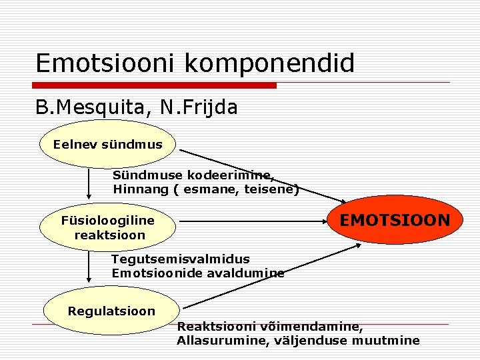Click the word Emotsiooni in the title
(106, 63)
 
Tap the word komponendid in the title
(269, 63)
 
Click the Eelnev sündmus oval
(107, 144)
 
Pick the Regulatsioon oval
(111, 311)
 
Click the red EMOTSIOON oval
(395, 220)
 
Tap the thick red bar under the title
(156, 85)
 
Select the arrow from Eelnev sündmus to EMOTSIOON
(260, 174)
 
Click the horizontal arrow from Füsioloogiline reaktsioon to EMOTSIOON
(253, 221)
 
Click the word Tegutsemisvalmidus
(181, 259)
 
